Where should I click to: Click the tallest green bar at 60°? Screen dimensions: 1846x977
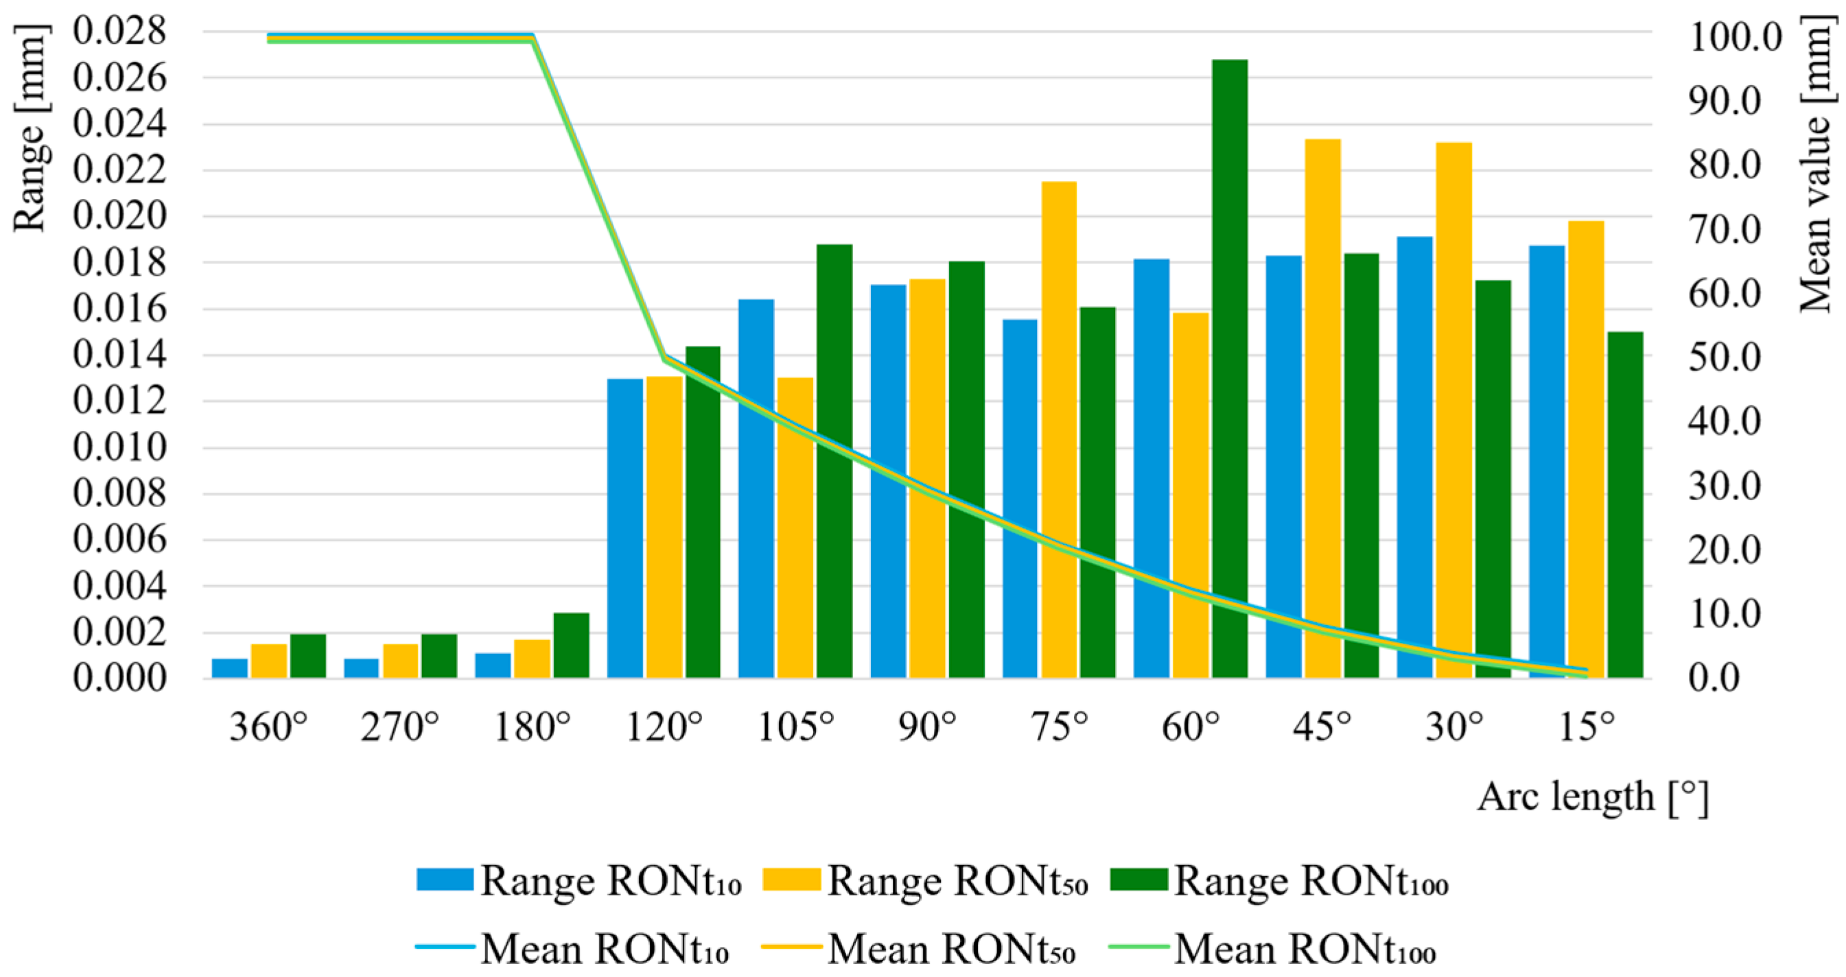point(1230,368)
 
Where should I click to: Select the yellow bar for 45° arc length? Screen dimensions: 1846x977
point(1323,408)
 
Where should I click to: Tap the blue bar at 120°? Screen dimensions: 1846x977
point(625,528)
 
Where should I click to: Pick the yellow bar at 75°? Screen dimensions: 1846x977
point(1059,429)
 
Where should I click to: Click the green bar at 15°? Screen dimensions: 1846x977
point(1625,504)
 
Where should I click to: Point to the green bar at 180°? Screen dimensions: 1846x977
point(571,646)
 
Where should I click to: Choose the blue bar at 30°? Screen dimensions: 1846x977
point(1414,457)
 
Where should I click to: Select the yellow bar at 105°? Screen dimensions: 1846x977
point(795,527)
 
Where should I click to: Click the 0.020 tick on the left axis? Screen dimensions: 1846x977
point(119,216)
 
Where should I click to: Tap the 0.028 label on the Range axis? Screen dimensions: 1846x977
point(119,32)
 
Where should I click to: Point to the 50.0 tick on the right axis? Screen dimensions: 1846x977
point(1724,357)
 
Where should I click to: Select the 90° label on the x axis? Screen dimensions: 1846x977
point(927,728)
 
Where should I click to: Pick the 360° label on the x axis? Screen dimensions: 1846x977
point(269,728)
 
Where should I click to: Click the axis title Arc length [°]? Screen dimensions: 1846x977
point(1593,797)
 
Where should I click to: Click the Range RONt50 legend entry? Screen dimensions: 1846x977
point(926,880)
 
